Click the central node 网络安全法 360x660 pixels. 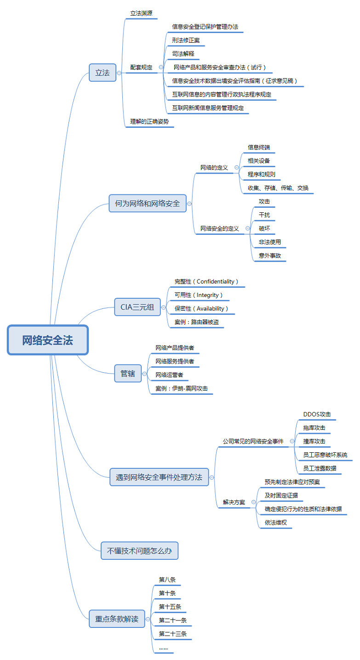click(x=47, y=340)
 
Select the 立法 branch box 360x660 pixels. click(x=102, y=73)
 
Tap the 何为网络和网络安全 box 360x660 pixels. click(x=147, y=203)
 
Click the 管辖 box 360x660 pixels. click(x=128, y=374)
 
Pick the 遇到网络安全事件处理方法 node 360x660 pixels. click(x=159, y=477)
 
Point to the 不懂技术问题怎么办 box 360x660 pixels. click(x=139, y=550)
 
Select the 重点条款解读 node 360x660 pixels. click(x=117, y=619)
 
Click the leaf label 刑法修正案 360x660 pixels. click(x=186, y=40)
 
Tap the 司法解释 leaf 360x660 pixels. click(x=183, y=54)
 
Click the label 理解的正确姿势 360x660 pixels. click(x=149, y=122)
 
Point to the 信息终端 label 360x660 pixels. click(x=259, y=147)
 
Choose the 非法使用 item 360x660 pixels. click(x=270, y=242)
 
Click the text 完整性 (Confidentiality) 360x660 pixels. click(x=206, y=281)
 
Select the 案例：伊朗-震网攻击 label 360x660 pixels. click(x=182, y=388)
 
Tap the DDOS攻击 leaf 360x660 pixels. click(x=317, y=414)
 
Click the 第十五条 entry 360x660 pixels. click(x=170, y=607)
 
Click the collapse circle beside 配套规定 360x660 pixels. click(x=160, y=67)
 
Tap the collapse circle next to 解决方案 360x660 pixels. click(x=253, y=502)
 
